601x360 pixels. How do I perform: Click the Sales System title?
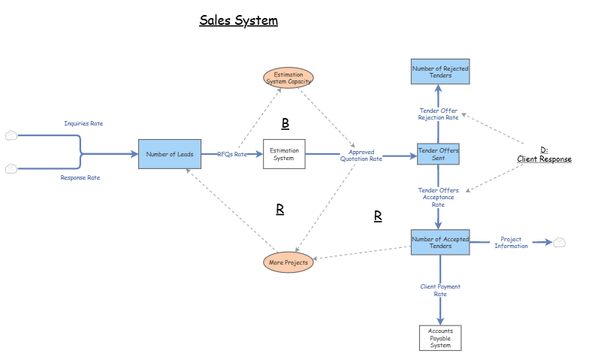pyautogui.click(x=238, y=20)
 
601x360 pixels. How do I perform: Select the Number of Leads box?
pyautogui.click(x=170, y=154)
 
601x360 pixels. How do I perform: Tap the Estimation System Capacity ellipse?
pyautogui.click(x=288, y=78)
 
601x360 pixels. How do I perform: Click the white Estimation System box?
pyautogui.click(x=284, y=154)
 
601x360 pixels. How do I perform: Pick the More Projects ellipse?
pyautogui.click(x=288, y=262)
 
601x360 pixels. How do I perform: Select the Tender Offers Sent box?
pyautogui.click(x=438, y=155)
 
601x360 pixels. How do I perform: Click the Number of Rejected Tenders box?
pyautogui.click(x=439, y=72)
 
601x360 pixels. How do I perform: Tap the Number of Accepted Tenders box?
pyautogui.click(x=439, y=243)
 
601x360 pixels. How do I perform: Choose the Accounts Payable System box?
pyautogui.click(x=440, y=338)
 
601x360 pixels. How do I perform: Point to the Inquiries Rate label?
pyautogui.click(x=83, y=123)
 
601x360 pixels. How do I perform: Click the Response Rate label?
pyautogui.click(x=80, y=177)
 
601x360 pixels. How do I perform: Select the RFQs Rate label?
pyautogui.click(x=231, y=154)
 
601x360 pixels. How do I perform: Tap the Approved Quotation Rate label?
pyautogui.click(x=361, y=156)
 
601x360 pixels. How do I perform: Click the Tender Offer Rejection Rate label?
pyautogui.click(x=438, y=114)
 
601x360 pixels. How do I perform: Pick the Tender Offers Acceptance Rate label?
pyautogui.click(x=438, y=197)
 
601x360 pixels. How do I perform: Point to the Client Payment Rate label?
pyautogui.click(x=440, y=290)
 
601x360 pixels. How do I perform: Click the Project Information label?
pyautogui.click(x=511, y=242)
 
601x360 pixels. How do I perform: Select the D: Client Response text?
pyautogui.click(x=544, y=155)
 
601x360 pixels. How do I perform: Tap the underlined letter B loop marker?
pyautogui.click(x=285, y=123)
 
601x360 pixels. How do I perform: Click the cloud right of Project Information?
pyautogui.click(x=559, y=242)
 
